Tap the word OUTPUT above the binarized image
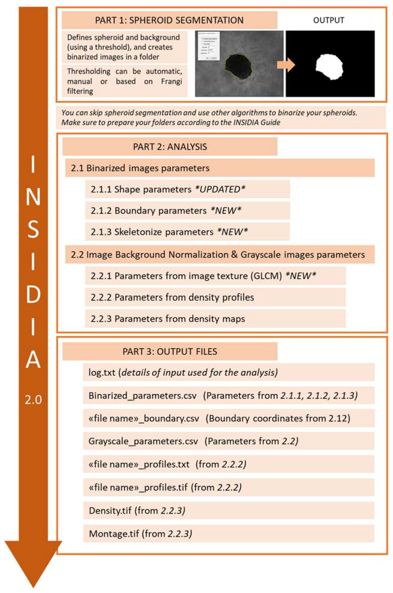point(329,20)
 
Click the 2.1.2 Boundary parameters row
point(165,211)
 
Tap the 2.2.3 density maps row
point(168,319)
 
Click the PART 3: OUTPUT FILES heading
point(170,351)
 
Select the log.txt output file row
point(183,372)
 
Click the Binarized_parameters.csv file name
point(142,396)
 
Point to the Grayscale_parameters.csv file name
point(143,441)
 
